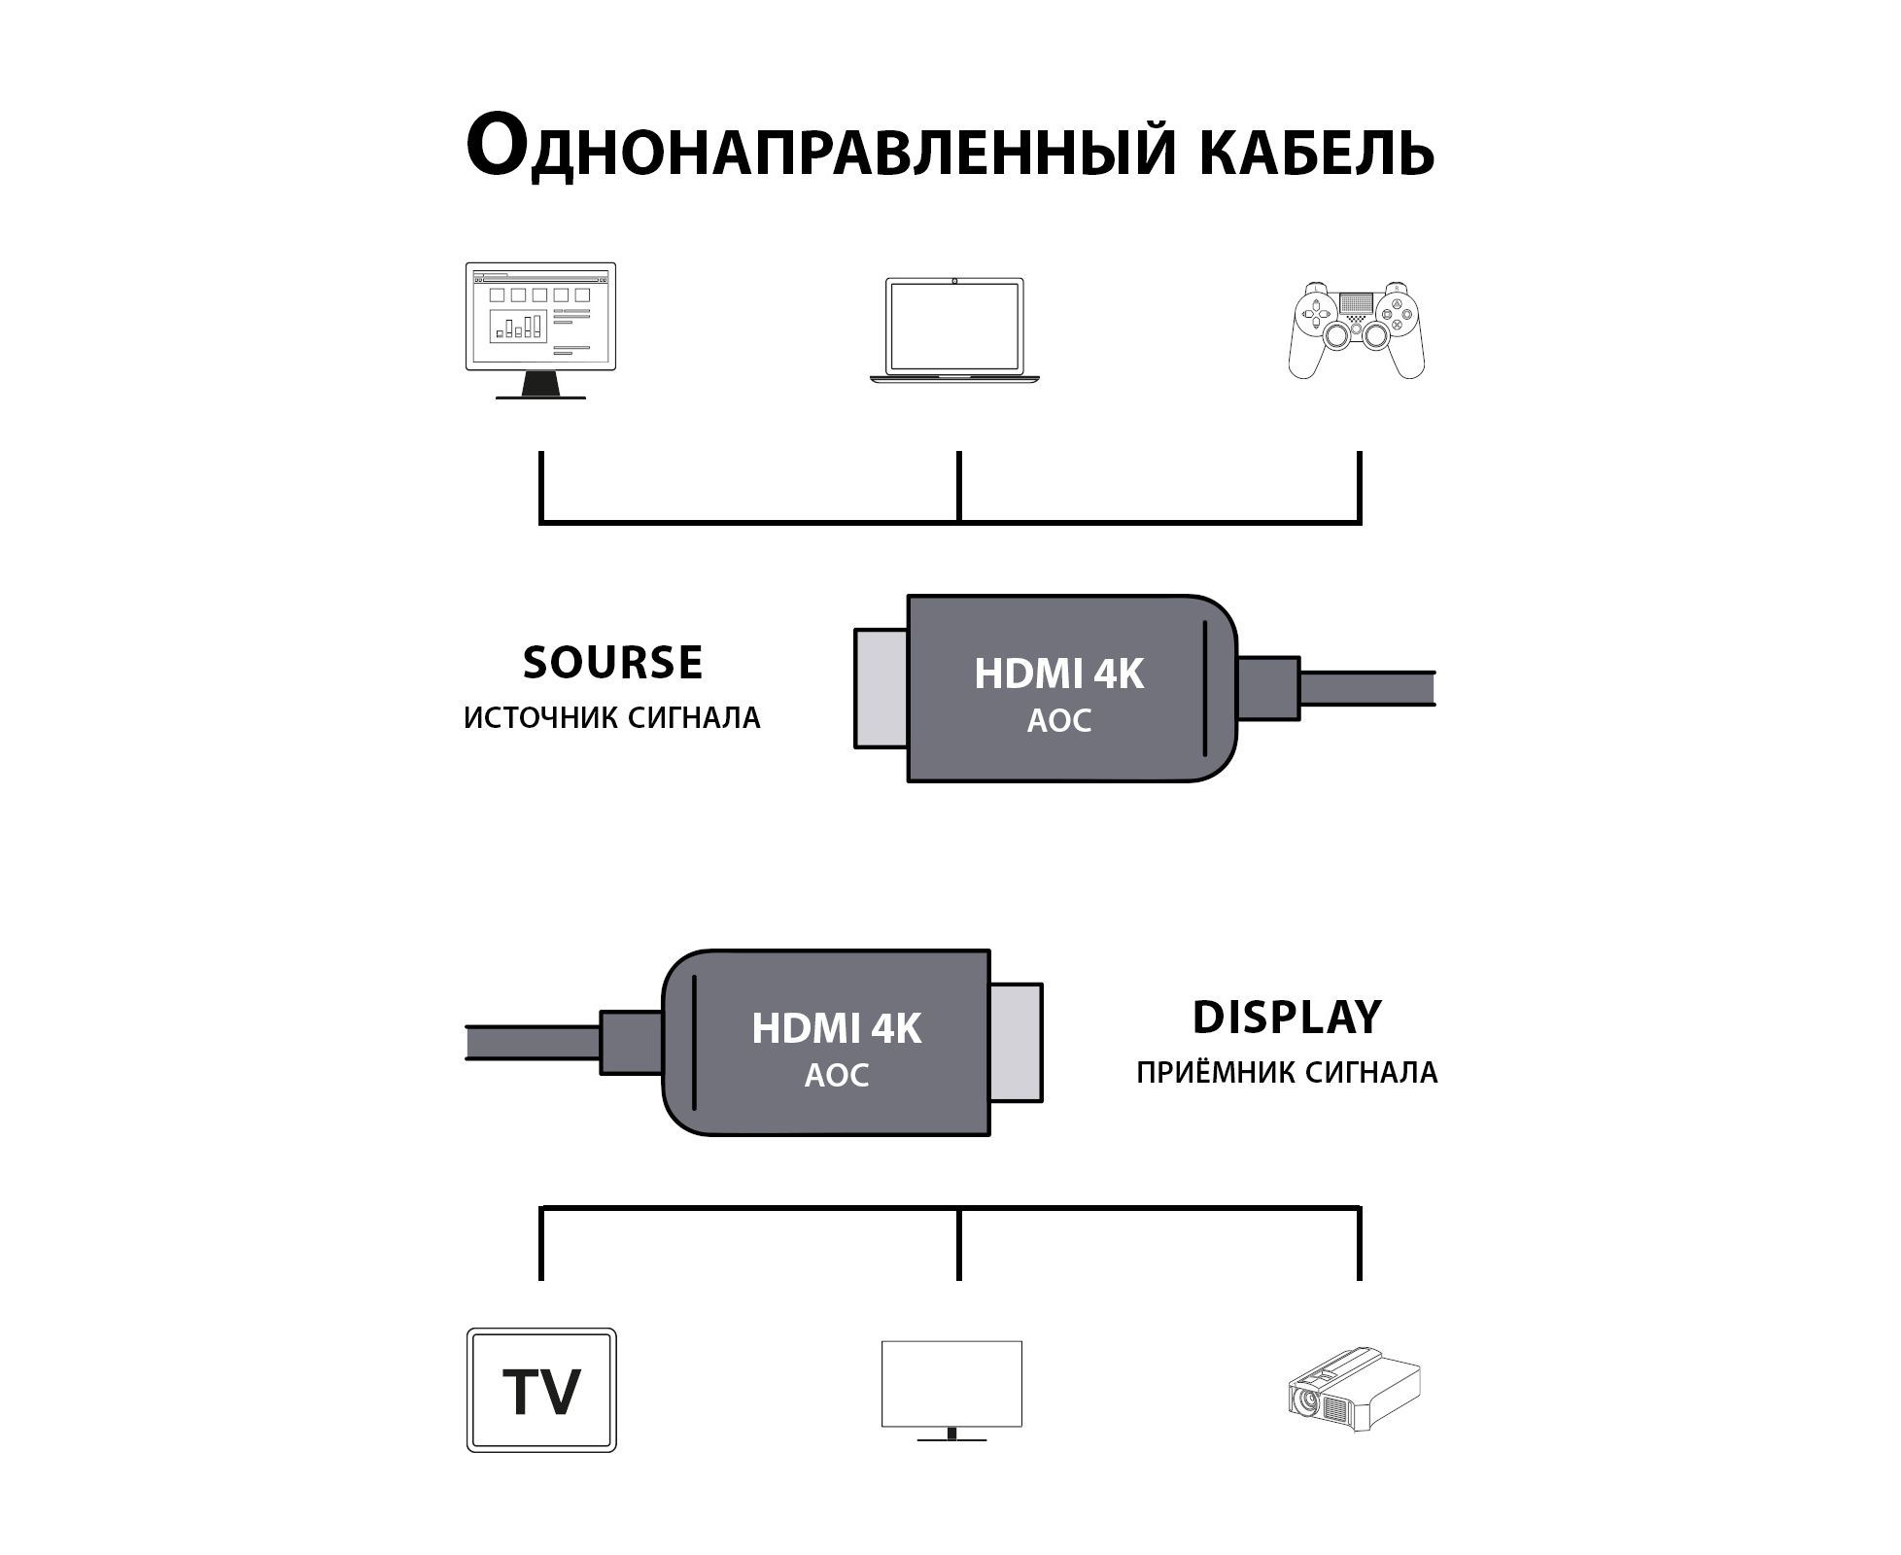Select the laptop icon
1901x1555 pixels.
[x=954, y=329]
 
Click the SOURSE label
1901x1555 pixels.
[x=612, y=663]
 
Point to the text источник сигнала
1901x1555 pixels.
[x=612, y=718]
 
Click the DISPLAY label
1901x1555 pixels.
[x=1286, y=1018]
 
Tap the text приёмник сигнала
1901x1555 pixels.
[x=1286, y=1073]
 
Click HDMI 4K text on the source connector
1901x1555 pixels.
[x=1058, y=674]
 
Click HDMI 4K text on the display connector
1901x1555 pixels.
[x=836, y=1029]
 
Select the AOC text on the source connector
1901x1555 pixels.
[x=1058, y=721]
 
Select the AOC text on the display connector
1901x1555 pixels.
[x=836, y=1076]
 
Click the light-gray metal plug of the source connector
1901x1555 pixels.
[x=881, y=688]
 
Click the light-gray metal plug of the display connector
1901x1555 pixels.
[x=1017, y=1043]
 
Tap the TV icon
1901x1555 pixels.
[x=541, y=1390]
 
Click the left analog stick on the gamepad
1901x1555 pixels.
[x=1335, y=334]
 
